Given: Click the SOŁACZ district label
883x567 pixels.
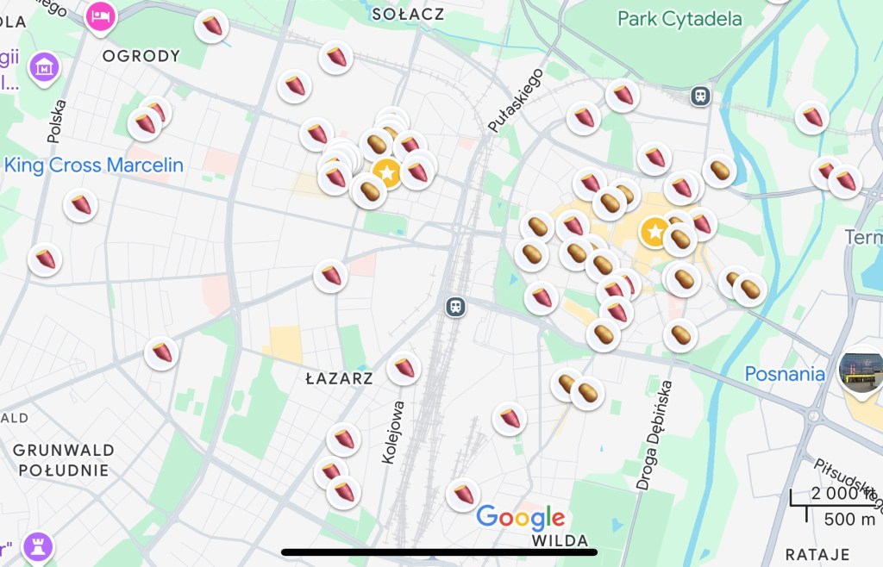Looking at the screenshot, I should tap(408, 14).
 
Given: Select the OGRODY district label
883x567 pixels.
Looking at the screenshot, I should tap(141, 56).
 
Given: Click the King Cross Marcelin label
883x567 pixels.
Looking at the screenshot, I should tap(94, 165).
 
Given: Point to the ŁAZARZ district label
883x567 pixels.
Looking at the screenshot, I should tap(340, 378).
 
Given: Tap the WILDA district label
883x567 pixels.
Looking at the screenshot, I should tap(560, 541).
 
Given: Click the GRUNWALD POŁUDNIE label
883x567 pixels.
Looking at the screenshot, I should tap(64, 460).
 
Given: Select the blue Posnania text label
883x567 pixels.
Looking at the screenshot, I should tap(785, 374).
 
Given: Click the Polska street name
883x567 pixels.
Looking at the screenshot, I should tap(57, 121).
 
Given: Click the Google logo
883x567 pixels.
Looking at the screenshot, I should tap(521, 517).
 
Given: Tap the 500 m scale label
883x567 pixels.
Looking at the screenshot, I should tap(849, 519).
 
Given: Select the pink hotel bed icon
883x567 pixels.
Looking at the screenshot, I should tap(101, 16).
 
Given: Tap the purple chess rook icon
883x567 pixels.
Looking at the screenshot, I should tap(37, 545).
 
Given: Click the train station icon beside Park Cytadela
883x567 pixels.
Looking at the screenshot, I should tap(700, 96).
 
